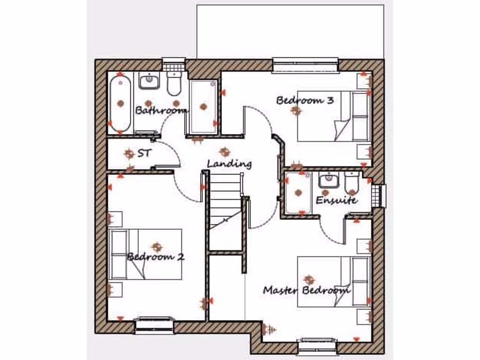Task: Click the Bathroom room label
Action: click(x=161, y=111)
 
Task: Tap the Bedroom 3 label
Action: click(x=305, y=100)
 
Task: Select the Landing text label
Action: click(x=229, y=164)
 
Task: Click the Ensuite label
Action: click(x=337, y=200)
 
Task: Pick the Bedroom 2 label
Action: click(x=156, y=257)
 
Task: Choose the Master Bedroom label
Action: click(x=307, y=290)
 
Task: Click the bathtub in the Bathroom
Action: click(x=120, y=103)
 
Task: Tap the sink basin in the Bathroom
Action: click(x=150, y=82)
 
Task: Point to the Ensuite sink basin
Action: click(x=329, y=180)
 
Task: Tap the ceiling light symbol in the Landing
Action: click(x=225, y=152)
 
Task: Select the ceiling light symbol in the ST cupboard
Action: click(x=129, y=153)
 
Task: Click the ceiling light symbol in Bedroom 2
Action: click(x=157, y=246)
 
